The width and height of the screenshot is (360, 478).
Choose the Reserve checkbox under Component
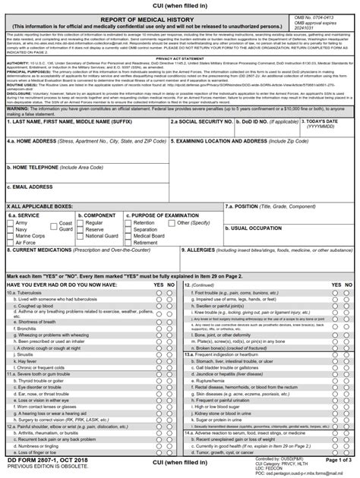[81, 229]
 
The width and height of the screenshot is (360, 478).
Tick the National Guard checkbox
[81, 236]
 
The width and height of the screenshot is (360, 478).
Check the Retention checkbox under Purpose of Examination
[128, 222]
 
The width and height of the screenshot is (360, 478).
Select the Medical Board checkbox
[128, 236]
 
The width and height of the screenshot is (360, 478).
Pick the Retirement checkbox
[128, 243]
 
